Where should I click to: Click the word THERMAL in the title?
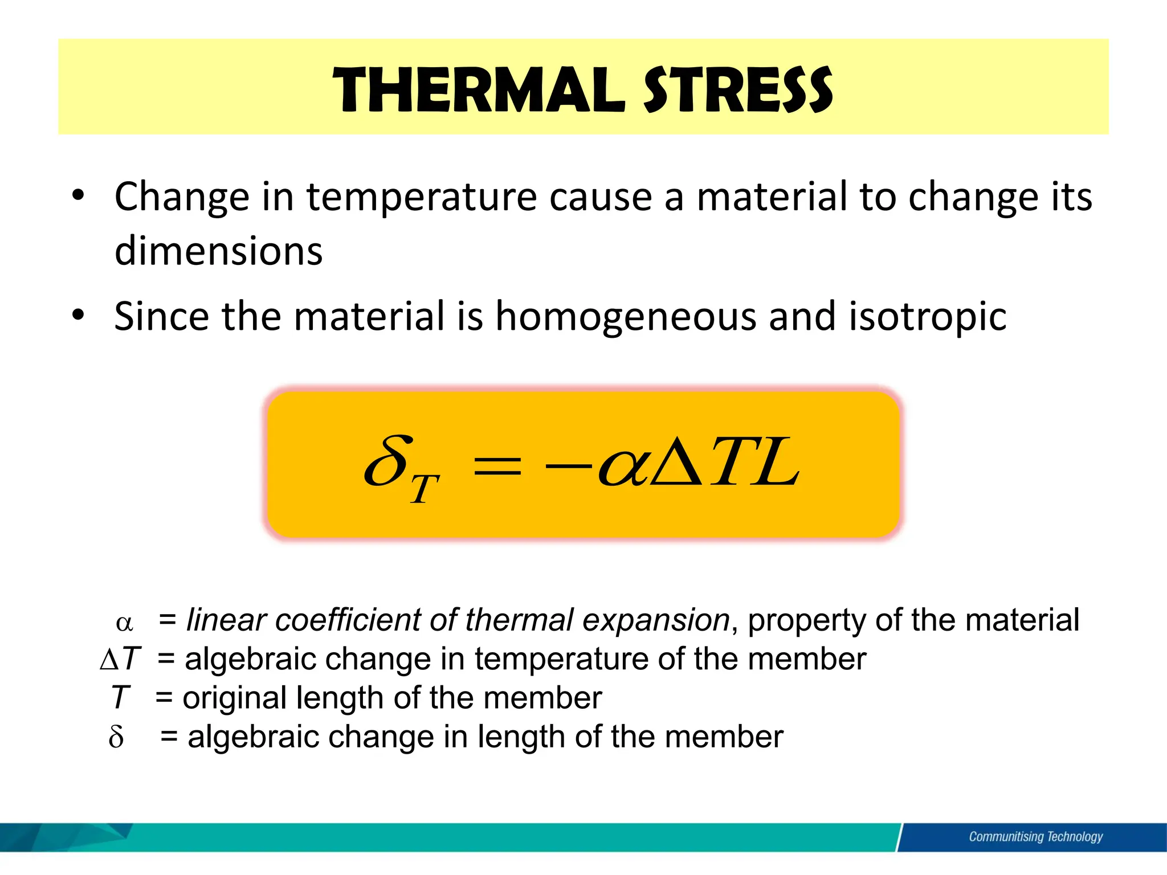coord(479,90)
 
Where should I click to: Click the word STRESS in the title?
coord(738,90)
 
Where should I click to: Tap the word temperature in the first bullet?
coord(422,197)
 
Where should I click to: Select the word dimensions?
coord(219,251)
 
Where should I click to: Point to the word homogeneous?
coord(626,317)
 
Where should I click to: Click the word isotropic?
coord(928,317)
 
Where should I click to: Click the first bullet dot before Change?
coord(78,196)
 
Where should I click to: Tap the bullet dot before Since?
coord(78,314)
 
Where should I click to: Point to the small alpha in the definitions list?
coord(124,623)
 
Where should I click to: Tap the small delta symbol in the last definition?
coord(116,737)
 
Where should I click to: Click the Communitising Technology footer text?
coord(1035,837)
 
